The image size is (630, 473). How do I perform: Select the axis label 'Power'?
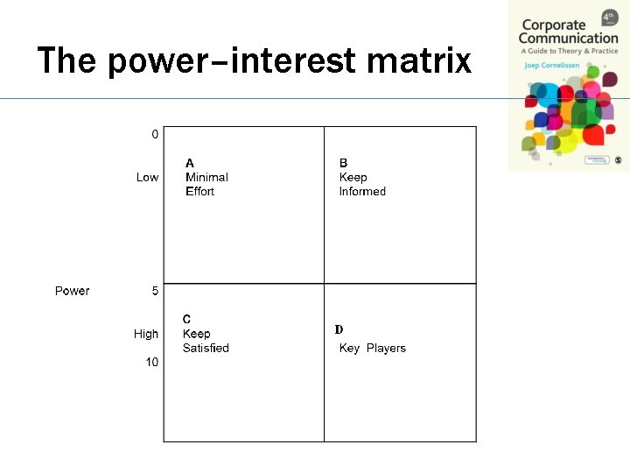coord(72,291)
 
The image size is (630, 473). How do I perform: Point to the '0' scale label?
coord(155,134)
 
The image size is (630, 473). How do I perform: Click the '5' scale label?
coord(155,291)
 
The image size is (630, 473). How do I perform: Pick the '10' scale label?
coord(152,363)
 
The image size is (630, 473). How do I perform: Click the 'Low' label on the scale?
coord(147,177)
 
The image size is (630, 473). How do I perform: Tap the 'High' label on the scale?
coord(146,334)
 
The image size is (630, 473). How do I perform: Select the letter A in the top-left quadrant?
coord(190,163)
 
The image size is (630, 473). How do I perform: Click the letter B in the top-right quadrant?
coord(343,163)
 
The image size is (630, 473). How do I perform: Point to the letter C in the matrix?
coord(186,319)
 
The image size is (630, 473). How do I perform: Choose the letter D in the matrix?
coord(339,329)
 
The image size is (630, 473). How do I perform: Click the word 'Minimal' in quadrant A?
coord(206,177)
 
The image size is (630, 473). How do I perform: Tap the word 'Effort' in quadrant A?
coord(199,191)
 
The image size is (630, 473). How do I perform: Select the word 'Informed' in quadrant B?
coord(362,191)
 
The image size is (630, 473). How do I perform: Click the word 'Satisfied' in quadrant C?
coord(206,348)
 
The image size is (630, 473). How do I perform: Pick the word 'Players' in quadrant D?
coord(386,348)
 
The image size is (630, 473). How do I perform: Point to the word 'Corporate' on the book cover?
coord(552,24)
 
